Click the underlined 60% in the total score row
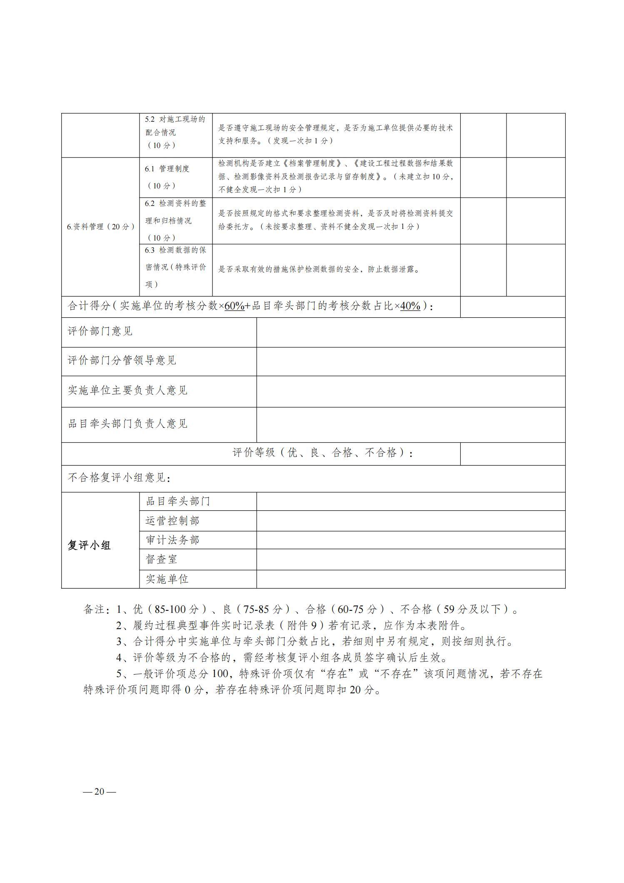click(234, 306)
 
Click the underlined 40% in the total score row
click(410, 306)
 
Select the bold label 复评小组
click(89, 545)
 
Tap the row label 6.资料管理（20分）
click(101, 227)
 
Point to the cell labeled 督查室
click(162, 559)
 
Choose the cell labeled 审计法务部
click(172, 540)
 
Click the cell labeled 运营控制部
click(172, 521)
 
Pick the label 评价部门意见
click(100, 331)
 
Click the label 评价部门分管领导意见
click(122, 361)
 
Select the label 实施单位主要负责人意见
click(127, 391)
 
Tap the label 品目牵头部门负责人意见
click(127, 424)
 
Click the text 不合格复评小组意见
click(118, 478)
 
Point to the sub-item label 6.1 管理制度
click(167, 169)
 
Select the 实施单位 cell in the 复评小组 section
click(167, 579)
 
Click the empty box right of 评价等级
click(512, 454)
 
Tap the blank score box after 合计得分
click(512, 307)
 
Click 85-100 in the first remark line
click(170, 610)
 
